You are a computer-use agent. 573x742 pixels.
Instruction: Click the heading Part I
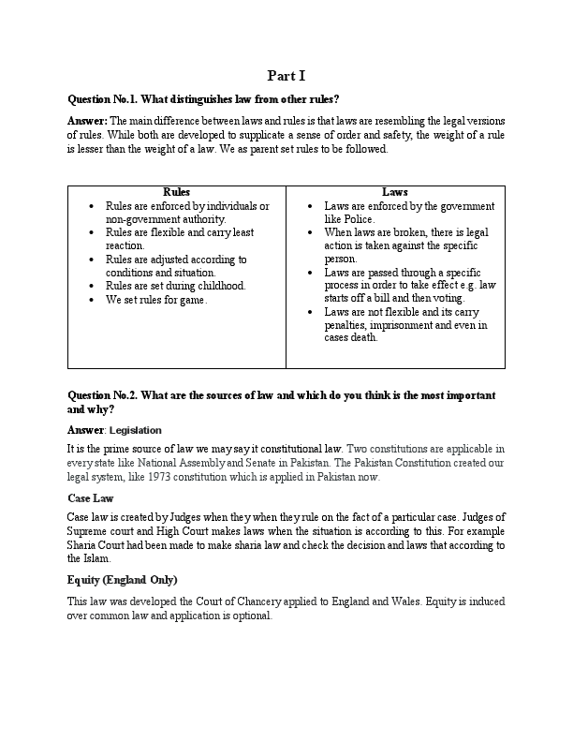pos(286,76)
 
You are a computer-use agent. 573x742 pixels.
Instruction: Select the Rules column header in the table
pos(176,192)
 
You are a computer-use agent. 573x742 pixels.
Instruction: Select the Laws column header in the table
pos(394,192)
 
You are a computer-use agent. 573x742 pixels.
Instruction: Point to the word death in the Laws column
pos(363,337)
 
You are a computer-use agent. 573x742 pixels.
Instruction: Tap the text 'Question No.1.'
pos(102,99)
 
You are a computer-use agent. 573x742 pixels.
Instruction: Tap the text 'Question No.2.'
pos(102,395)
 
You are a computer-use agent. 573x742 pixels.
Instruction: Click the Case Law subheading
pos(90,498)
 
